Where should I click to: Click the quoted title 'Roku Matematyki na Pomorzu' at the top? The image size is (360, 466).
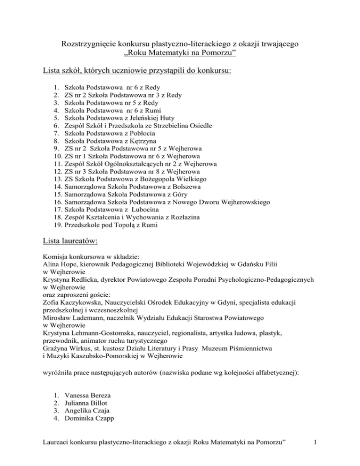click(180, 55)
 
